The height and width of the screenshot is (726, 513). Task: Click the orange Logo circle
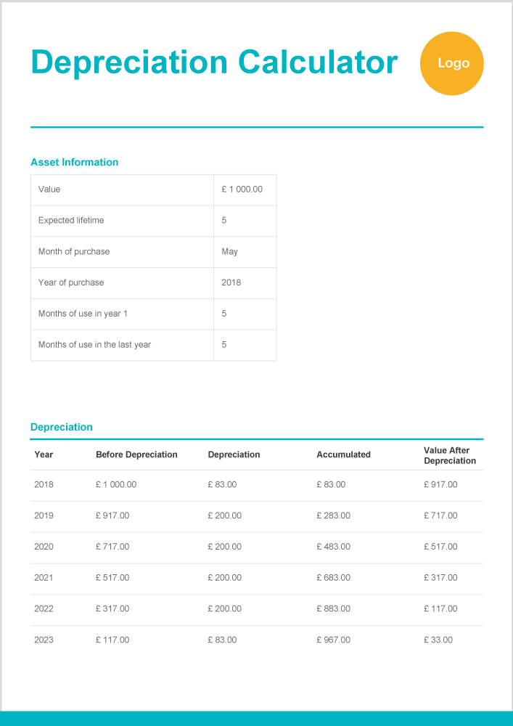[451, 63]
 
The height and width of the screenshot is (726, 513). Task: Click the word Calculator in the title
[318, 62]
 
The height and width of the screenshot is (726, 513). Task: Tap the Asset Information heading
[74, 162]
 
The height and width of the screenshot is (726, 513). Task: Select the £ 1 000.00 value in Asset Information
[242, 189]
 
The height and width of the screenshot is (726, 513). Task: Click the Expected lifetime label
[71, 221]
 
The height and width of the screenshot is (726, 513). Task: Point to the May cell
[229, 252]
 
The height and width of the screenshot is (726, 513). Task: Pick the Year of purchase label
[71, 282]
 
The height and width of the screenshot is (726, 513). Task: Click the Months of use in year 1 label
[83, 314]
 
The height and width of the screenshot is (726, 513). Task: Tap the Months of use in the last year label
[94, 345]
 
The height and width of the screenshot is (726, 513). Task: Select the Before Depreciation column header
[136, 454]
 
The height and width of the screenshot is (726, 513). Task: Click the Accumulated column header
[343, 454]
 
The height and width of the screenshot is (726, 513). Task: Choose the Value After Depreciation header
[450, 455]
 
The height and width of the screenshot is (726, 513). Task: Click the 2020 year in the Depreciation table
[44, 547]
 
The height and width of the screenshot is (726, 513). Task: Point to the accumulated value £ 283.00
[333, 515]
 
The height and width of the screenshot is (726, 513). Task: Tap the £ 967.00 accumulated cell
[333, 640]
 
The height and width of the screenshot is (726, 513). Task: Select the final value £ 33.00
[438, 640]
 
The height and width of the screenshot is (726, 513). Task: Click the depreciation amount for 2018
[222, 484]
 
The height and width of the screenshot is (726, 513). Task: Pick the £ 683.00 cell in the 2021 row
[333, 578]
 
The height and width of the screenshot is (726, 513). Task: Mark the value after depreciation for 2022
[440, 608]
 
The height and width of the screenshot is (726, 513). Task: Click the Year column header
[44, 454]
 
